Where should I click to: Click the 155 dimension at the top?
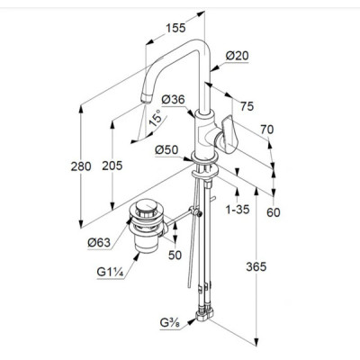tap(175, 28)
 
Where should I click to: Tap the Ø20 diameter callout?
tap(237, 56)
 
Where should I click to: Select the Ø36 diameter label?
tap(173, 99)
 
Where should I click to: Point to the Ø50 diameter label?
tap(166, 149)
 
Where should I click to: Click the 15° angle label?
tap(156, 118)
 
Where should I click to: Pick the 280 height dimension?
tap(81, 166)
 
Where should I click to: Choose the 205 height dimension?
tap(112, 166)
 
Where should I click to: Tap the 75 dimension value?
tap(247, 106)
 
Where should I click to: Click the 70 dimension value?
tap(267, 130)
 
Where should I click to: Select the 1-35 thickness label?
tap(238, 210)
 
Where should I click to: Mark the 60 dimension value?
tap(274, 212)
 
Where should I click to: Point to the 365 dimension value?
tap(256, 266)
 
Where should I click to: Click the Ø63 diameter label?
tap(99, 242)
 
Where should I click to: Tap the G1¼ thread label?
tap(110, 272)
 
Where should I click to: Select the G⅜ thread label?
tap(171, 323)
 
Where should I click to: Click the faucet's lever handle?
tap(229, 132)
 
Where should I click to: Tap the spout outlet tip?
tap(146, 98)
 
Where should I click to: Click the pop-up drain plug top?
tap(146, 207)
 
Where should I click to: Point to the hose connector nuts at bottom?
tap(204, 314)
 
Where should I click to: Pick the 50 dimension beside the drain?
tap(175, 255)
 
